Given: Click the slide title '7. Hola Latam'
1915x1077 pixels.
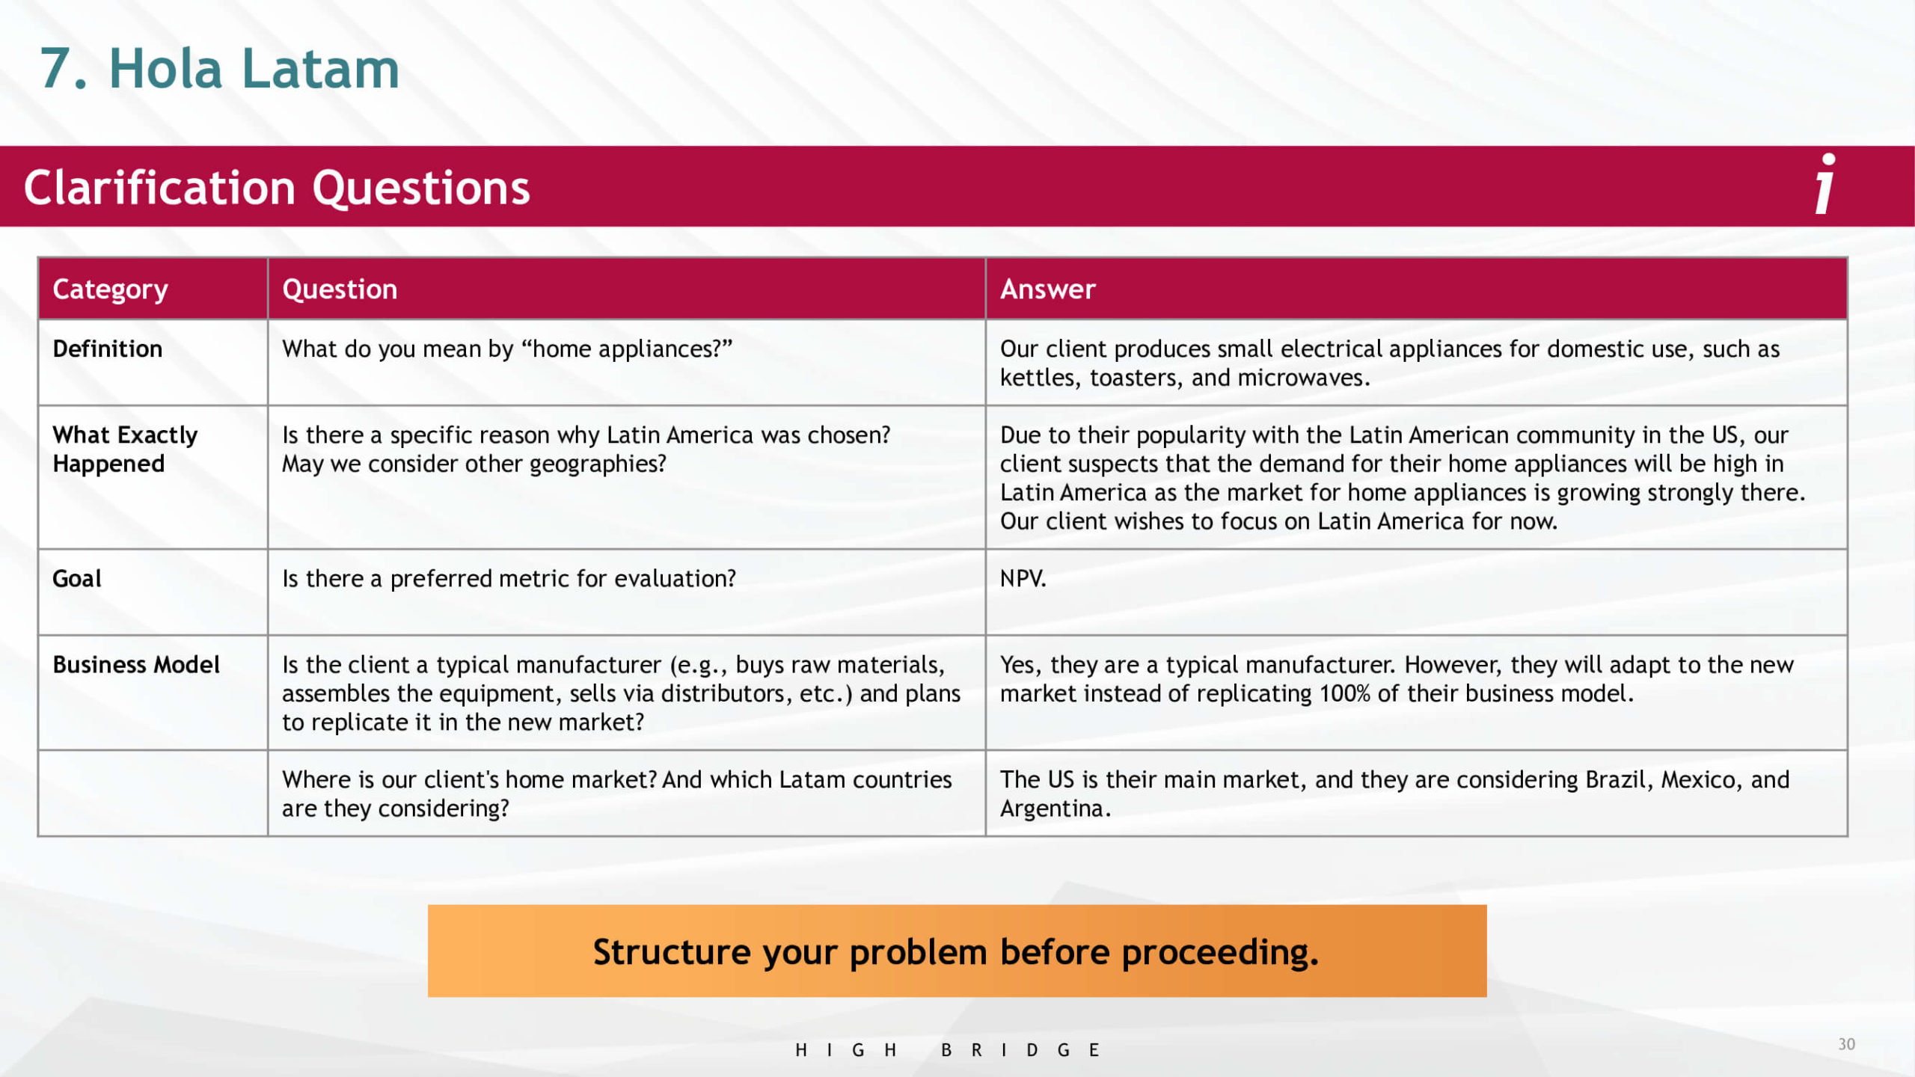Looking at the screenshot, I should [219, 69].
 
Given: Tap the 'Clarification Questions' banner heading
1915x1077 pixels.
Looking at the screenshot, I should [277, 187].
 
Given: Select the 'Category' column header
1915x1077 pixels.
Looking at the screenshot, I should [110, 289].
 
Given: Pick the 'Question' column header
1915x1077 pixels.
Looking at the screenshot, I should [340, 289].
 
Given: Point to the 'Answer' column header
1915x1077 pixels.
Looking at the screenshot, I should [1047, 289].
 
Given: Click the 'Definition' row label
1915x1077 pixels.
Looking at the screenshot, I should [107, 349].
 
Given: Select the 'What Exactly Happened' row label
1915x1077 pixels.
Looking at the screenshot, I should [125, 449].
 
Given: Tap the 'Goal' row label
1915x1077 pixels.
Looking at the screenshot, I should [76, 578].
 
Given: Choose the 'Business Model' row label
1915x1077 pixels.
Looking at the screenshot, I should [135, 664].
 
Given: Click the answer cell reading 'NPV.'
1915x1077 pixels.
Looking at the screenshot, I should [1023, 578].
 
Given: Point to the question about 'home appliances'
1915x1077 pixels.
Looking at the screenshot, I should [506, 349].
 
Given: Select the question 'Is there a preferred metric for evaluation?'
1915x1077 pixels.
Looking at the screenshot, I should [509, 578].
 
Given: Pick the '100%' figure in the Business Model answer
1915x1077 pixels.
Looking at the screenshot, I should [1344, 693].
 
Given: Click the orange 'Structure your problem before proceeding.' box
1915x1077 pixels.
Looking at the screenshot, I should [957, 951].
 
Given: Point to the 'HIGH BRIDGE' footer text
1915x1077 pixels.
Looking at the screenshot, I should [947, 1050].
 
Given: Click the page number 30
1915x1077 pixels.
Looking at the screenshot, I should [1846, 1044].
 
